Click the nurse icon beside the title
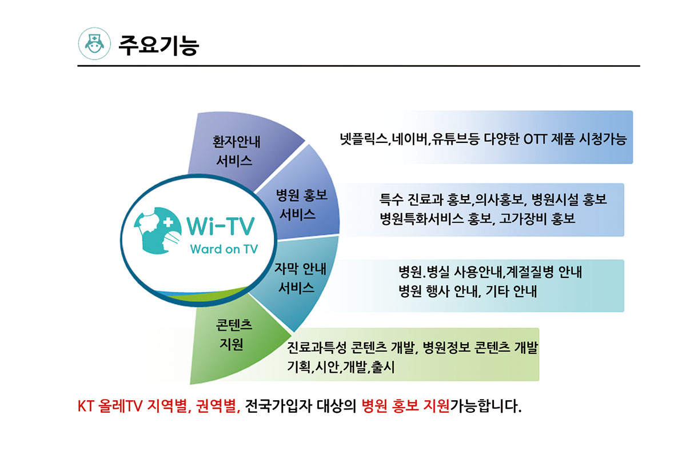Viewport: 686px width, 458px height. (94, 43)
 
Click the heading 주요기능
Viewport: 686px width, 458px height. (159, 45)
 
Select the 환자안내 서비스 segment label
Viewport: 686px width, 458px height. (236, 152)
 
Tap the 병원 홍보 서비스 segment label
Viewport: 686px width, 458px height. (302, 205)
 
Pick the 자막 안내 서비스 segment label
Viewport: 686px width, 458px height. (300, 278)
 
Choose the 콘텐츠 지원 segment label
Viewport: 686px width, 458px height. (234, 334)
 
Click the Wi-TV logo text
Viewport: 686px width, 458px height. (221, 226)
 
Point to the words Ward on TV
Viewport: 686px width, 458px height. (224, 249)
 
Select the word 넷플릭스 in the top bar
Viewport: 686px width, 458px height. (364, 140)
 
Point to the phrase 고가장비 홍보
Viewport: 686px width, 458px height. (537, 219)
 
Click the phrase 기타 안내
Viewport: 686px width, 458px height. (511, 290)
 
